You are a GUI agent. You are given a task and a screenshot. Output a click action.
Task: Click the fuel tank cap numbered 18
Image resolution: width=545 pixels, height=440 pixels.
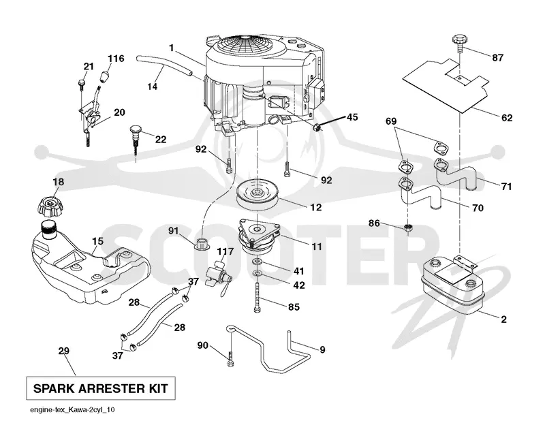coord(50,206)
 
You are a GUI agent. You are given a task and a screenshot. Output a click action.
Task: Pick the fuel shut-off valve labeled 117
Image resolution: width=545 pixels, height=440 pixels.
coord(218,277)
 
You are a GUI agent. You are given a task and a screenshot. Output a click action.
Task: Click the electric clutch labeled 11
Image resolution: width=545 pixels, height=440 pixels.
coord(259,236)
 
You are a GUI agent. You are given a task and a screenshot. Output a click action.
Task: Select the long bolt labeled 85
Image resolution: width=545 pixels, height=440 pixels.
coord(257,297)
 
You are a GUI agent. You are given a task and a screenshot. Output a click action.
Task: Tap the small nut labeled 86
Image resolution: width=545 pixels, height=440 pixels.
coord(408,228)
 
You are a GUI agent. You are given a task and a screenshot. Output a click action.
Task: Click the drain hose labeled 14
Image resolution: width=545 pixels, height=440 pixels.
coord(163,65)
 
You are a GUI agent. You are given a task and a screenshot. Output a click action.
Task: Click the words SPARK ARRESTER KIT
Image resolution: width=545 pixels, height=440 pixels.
coord(101,388)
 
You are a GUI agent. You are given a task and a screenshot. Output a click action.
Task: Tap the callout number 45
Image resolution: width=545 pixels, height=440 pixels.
coord(352,117)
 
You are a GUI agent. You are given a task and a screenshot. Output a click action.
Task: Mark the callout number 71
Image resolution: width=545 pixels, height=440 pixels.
coord(506,187)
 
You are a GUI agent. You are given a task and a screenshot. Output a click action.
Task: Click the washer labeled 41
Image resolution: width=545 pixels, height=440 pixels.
coord(257,262)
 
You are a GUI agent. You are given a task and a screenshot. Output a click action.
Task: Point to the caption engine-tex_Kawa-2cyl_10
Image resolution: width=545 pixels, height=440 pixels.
coord(72,410)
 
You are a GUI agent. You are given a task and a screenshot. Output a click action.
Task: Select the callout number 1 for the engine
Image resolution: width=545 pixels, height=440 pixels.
coord(172,48)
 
